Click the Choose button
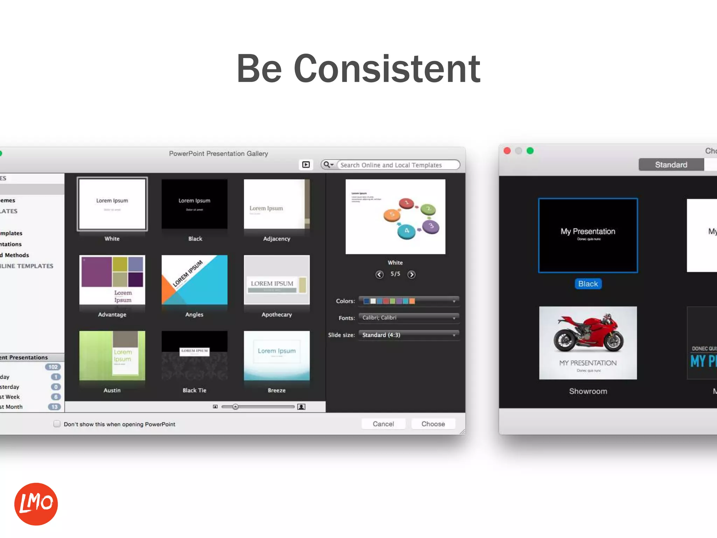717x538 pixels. point(433,424)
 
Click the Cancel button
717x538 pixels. point(383,424)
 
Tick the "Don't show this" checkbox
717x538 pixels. point(57,424)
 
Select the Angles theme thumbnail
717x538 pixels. point(194,280)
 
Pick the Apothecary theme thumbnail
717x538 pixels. point(277,280)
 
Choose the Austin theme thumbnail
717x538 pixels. point(112,356)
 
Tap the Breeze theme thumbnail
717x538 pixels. point(277,356)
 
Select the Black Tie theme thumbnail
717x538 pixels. point(194,356)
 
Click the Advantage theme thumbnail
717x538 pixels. point(112,280)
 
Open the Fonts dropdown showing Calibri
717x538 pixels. point(409,318)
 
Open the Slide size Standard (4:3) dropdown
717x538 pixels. point(409,335)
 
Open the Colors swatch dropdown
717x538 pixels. point(409,301)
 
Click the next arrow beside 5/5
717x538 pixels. point(411,275)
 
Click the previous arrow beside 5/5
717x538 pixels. point(380,275)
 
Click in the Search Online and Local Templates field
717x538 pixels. point(397,165)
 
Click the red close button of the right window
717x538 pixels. point(507,151)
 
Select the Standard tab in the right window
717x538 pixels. point(671,165)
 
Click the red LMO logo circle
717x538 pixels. point(36,504)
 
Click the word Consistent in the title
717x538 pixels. point(387,69)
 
